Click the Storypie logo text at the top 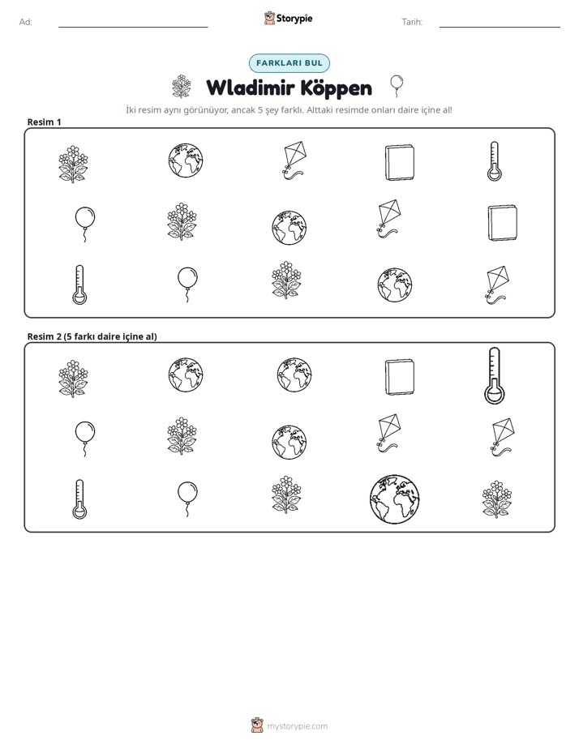[294, 19]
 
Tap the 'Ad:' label [26, 22]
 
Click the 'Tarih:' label [412, 22]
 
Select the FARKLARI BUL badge [289, 63]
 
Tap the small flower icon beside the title [181, 87]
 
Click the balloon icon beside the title [397, 86]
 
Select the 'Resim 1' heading [44, 122]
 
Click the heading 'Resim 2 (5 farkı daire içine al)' [92, 336]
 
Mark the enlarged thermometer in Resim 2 [495, 375]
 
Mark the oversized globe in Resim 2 [394, 499]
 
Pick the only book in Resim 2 [400, 378]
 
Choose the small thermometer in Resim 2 [79, 499]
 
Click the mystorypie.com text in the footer [297, 726]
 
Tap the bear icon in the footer [257, 725]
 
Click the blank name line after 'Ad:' [133, 27]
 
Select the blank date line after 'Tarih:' [500, 27]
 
